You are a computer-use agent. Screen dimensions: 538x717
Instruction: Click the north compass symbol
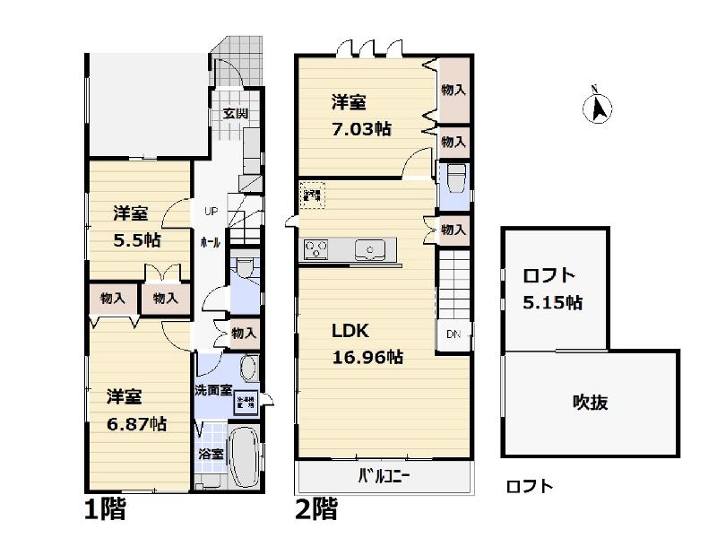click(599, 107)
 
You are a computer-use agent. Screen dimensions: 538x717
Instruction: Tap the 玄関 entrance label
click(236, 114)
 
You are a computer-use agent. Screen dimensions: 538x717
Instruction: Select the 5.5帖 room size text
click(135, 239)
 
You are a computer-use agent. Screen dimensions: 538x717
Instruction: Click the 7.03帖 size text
click(360, 128)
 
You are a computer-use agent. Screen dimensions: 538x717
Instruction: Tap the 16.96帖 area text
click(367, 357)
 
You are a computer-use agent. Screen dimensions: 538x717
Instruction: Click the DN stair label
click(454, 334)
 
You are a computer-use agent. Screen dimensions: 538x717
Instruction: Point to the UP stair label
click(211, 213)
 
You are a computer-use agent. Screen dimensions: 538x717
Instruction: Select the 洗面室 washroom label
click(213, 391)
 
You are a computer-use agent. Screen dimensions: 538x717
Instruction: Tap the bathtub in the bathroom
click(242, 457)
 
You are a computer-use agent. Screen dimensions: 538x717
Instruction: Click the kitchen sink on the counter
click(369, 249)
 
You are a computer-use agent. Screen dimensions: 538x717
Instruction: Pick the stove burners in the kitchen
click(318, 249)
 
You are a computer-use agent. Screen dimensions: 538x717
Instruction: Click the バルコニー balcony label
click(384, 476)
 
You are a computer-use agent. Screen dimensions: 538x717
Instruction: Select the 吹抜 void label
click(591, 403)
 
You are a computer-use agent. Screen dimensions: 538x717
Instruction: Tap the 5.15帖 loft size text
click(552, 302)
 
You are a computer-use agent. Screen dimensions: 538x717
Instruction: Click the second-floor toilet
click(454, 177)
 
